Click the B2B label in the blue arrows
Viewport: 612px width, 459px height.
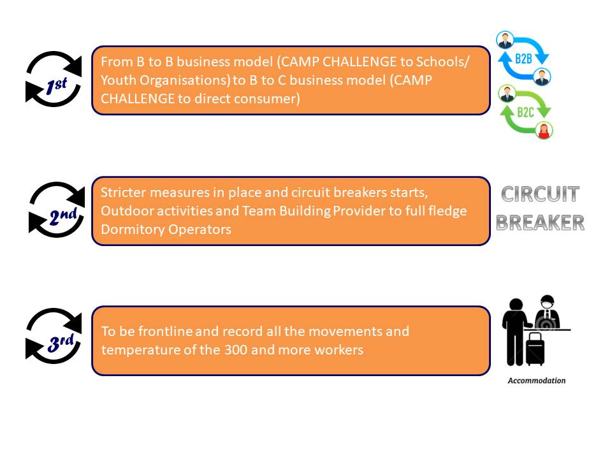pyautogui.click(x=523, y=59)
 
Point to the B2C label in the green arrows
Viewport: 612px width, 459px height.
pyautogui.click(x=525, y=112)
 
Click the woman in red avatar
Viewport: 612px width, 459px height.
pyautogui.click(x=544, y=130)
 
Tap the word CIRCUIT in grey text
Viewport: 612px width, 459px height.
pyautogui.click(x=540, y=194)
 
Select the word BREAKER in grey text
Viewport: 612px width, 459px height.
pyautogui.click(x=540, y=222)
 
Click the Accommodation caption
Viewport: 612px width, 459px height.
pyautogui.click(x=536, y=381)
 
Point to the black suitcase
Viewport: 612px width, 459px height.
pyautogui.click(x=535, y=350)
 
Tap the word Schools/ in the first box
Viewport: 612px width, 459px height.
pyautogui.click(x=442, y=62)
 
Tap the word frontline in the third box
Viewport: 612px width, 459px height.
pyautogui.click(x=165, y=331)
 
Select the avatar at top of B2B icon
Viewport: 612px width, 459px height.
pyautogui.click(x=506, y=40)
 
